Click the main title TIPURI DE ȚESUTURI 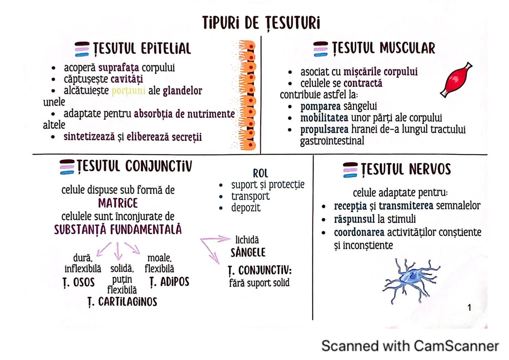[x=261, y=23]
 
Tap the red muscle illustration [x=456, y=80]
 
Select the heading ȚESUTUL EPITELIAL [x=142, y=49]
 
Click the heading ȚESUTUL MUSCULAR [x=383, y=48]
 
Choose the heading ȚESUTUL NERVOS [x=406, y=169]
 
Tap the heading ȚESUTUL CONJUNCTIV [x=134, y=166]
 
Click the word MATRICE [x=118, y=203]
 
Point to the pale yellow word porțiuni [x=128, y=91]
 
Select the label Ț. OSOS [x=79, y=282]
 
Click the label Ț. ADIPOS [x=169, y=282]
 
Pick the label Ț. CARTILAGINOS [x=122, y=302]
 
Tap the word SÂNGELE [x=248, y=252]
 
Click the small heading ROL [x=260, y=173]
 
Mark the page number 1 [x=469, y=307]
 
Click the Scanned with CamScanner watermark [x=410, y=346]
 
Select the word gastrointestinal [x=332, y=141]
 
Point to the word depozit [x=246, y=208]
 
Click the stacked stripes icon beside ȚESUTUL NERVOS [x=350, y=170]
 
